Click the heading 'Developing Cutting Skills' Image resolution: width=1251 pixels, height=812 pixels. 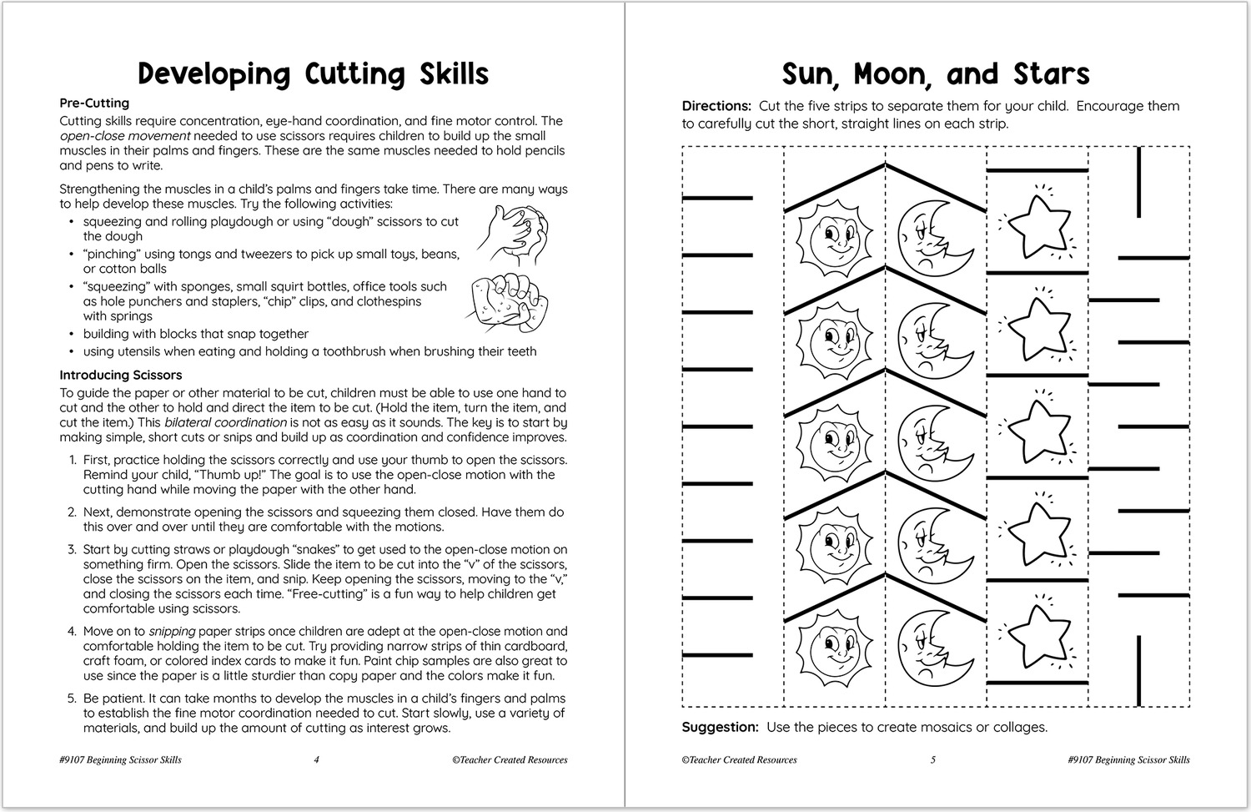click(x=313, y=74)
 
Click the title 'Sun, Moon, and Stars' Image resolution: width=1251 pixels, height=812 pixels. click(x=935, y=74)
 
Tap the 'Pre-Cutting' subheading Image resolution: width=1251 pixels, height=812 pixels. click(x=94, y=103)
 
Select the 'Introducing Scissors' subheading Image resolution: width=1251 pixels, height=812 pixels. click(x=120, y=376)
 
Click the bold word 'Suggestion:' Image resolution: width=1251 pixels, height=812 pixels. click(x=720, y=727)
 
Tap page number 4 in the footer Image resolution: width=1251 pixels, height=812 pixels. click(x=316, y=759)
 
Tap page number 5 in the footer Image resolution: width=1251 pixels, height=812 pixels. click(x=933, y=759)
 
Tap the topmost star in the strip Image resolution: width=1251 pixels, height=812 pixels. click(x=1037, y=226)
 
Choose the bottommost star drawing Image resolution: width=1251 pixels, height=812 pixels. click(x=1037, y=636)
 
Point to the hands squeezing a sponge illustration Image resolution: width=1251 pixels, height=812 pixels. click(x=503, y=300)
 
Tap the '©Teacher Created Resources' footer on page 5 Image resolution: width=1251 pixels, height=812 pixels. click(x=739, y=759)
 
